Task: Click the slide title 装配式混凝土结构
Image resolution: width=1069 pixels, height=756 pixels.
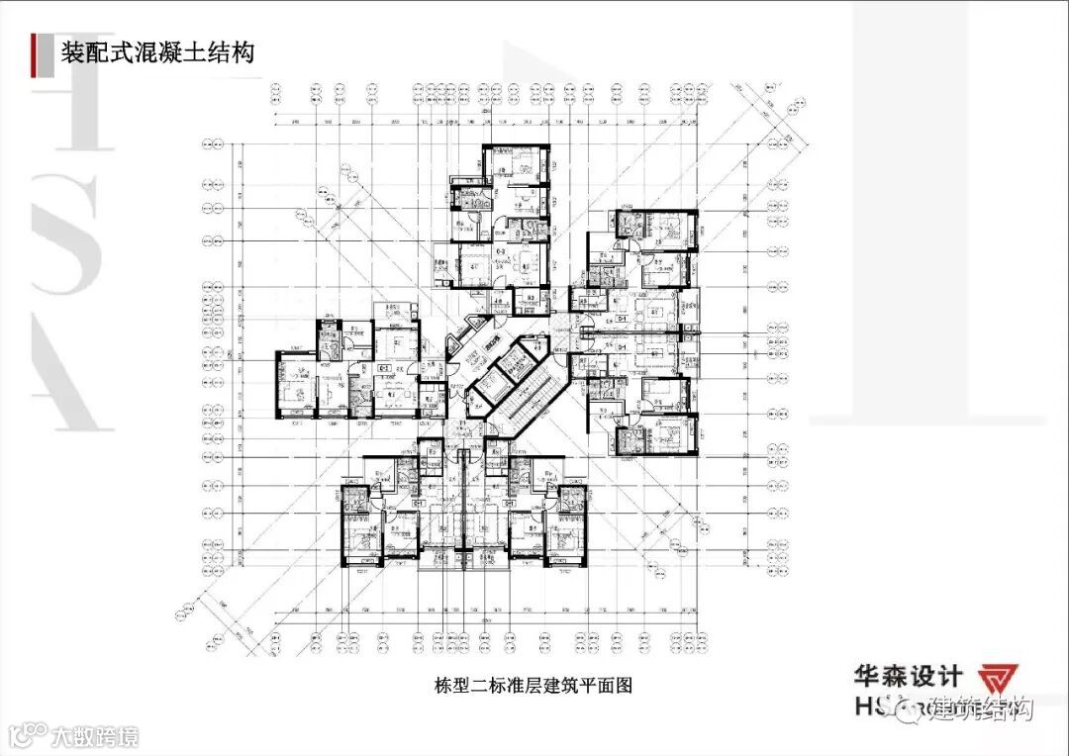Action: pyautogui.click(x=157, y=51)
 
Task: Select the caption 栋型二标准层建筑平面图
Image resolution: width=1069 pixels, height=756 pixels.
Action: pyautogui.click(x=533, y=685)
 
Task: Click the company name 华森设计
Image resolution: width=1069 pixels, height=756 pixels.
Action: pyautogui.click(x=909, y=677)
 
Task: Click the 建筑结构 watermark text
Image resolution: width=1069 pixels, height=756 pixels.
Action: pyautogui.click(x=984, y=709)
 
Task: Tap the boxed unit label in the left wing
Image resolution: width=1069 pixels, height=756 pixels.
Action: pyautogui.click(x=383, y=367)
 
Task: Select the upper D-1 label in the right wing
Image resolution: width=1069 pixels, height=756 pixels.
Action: pyautogui.click(x=623, y=321)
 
